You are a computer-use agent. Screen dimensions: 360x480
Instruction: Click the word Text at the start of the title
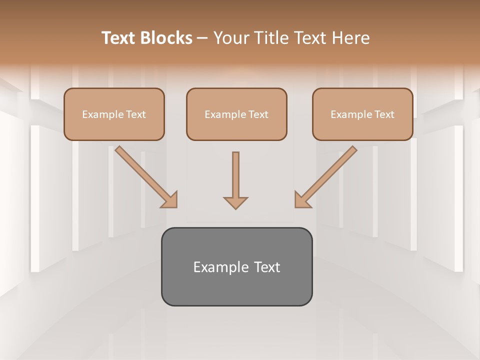click(119, 38)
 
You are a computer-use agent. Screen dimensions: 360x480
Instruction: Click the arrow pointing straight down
click(235, 175)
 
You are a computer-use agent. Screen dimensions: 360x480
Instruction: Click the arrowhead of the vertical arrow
click(235, 202)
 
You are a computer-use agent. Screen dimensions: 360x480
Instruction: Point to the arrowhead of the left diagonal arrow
click(170, 200)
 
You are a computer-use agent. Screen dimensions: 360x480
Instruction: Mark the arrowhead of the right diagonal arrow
click(302, 200)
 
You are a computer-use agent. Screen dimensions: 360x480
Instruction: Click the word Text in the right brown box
click(384, 114)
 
